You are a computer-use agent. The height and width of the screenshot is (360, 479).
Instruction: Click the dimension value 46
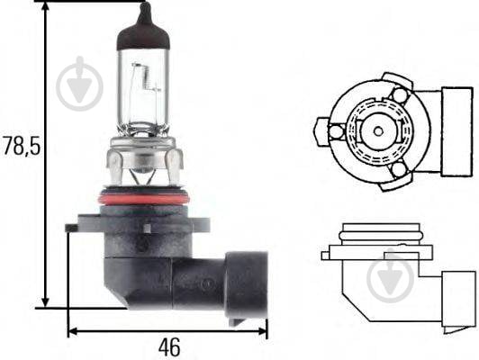[169, 346]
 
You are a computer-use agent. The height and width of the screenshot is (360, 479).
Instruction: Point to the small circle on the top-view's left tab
[336, 132]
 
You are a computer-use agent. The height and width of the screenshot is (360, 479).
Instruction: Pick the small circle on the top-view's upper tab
[399, 94]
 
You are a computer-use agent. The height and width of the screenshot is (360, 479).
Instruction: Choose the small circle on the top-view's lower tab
[397, 168]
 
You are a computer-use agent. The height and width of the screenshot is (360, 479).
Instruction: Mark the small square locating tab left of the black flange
[69, 228]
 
